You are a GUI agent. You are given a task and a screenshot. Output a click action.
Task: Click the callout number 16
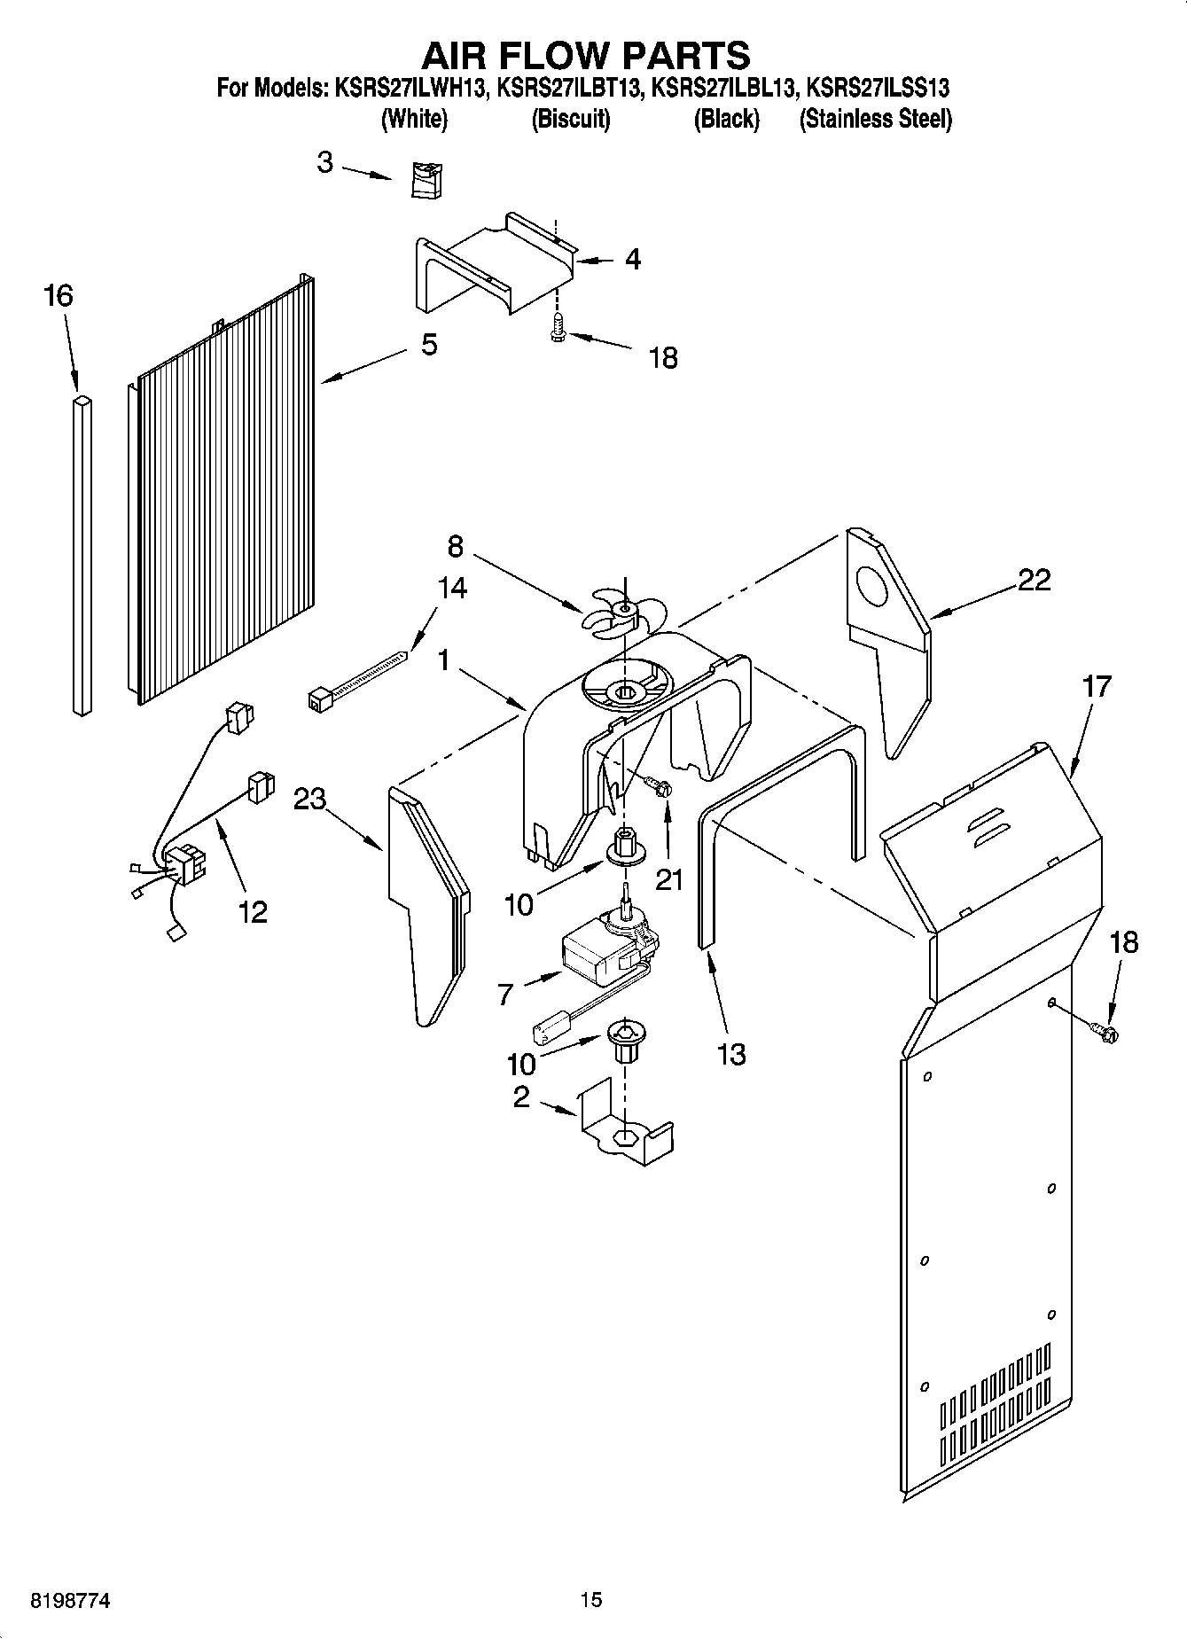coord(59,295)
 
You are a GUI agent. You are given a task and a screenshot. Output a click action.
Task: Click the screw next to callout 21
coord(659,785)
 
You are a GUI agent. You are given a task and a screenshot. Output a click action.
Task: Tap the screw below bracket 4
coord(557,329)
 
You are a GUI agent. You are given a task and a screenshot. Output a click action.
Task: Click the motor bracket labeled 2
coord(626,1133)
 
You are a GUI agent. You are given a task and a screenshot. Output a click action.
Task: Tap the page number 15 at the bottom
coord(591,1599)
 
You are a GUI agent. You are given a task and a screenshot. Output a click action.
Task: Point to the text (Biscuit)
coord(570,119)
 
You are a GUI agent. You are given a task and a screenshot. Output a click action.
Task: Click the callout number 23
coord(310,799)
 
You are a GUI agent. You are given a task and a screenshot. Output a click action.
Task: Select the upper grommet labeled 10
coord(625,849)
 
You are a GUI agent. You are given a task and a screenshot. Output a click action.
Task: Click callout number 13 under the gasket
coord(731,1054)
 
